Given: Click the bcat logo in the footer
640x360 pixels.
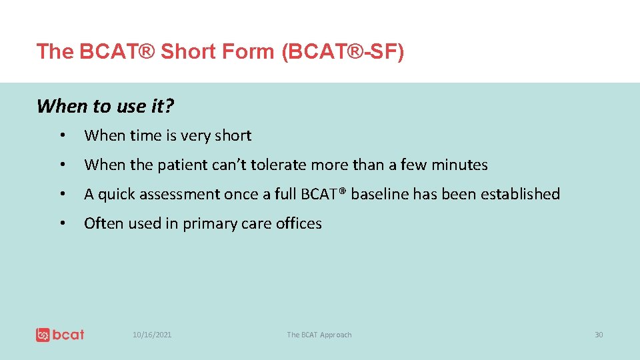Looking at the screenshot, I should [60, 334].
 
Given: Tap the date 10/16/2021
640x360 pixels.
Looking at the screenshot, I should [152, 335].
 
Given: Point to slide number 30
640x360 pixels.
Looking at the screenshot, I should [599, 335].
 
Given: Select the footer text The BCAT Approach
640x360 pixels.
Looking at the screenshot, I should [319, 335].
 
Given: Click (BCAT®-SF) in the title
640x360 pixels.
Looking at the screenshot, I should [343, 51].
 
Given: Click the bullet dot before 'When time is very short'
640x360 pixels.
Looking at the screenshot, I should [61, 136].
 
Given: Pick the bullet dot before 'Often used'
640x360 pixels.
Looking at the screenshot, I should [61, 224].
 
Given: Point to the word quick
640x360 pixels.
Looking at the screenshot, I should [115, 194].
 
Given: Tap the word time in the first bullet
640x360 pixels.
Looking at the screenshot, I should [145, 135].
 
